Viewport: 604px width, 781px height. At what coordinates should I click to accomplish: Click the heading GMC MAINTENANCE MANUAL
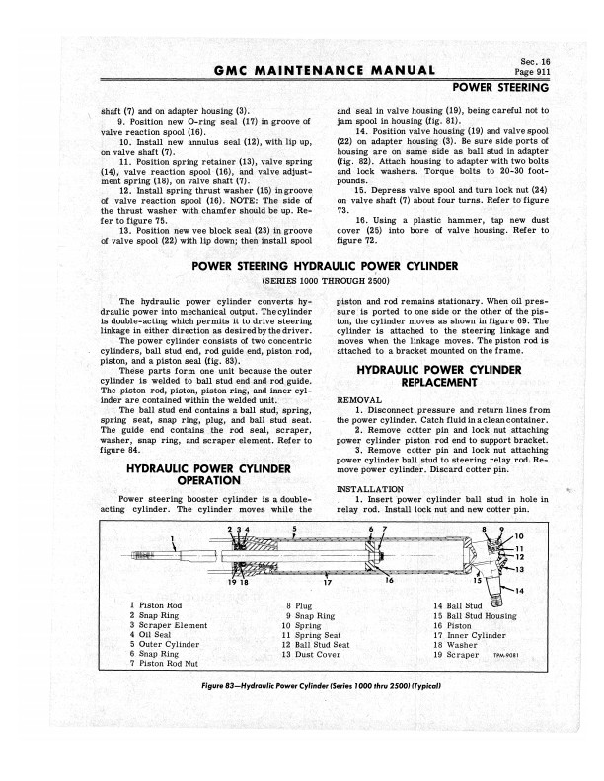click(323, 70)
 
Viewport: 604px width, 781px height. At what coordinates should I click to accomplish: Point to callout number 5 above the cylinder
click(294, 530)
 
